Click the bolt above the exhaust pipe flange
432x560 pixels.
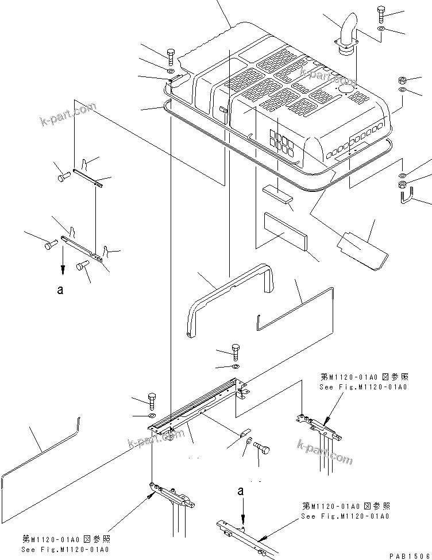point(383,14)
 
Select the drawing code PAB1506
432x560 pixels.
point(408,555)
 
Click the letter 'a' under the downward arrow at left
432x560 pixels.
point(60,291)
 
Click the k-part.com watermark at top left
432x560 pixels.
point(67,114)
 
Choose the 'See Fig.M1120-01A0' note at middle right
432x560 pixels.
point(363,387)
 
